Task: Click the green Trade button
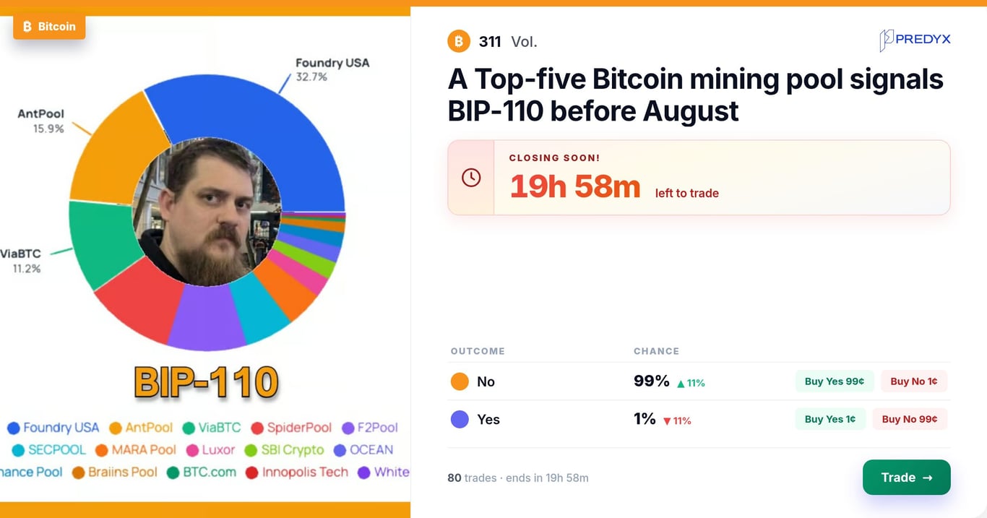click(906, 477)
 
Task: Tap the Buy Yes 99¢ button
click(834, 381)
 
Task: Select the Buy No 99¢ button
click(910, 419)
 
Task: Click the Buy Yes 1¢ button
click(830, 419)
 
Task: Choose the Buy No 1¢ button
click(914, 381)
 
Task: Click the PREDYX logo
click(915, 40)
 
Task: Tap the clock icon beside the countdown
click(471, 178)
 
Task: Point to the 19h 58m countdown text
click(575, 186)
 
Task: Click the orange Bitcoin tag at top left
click(49, 27)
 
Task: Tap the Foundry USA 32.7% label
click(332, 69)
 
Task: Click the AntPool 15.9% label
click(41, 121)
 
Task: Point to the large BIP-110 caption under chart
click(206, 382)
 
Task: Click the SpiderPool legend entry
click(291, 427)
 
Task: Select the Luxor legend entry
click(210, 449)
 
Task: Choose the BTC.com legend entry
click(202, 472)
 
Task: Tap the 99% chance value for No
click(651, 381)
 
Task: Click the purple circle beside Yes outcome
click(460, 419)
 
